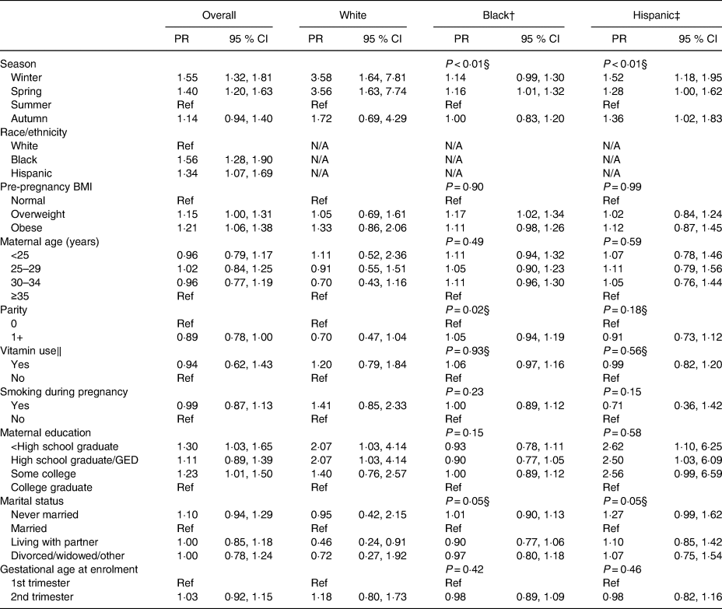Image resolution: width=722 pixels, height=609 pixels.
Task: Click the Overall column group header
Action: (x=219, y=14)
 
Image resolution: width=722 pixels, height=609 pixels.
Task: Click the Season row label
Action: (x=17, y=64)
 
